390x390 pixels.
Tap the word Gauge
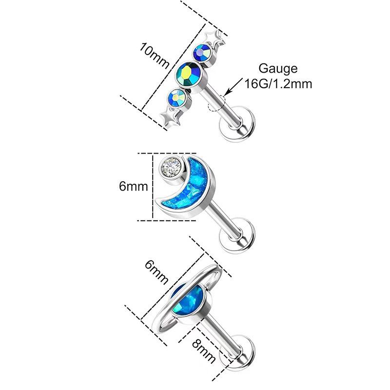[x=278, y=69]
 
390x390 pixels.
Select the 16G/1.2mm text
[x=278, y=83]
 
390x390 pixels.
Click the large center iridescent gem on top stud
[x=189, y=74]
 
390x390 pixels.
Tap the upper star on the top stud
[x=214, y=39]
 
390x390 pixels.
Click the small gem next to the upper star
[x=203, y=53]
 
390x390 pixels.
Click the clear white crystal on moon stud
[x=170, y=167]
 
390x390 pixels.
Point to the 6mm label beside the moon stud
[x=133, y=186]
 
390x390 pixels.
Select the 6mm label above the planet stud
[x=156, y=273]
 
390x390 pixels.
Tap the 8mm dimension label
[x=204, y=351]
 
